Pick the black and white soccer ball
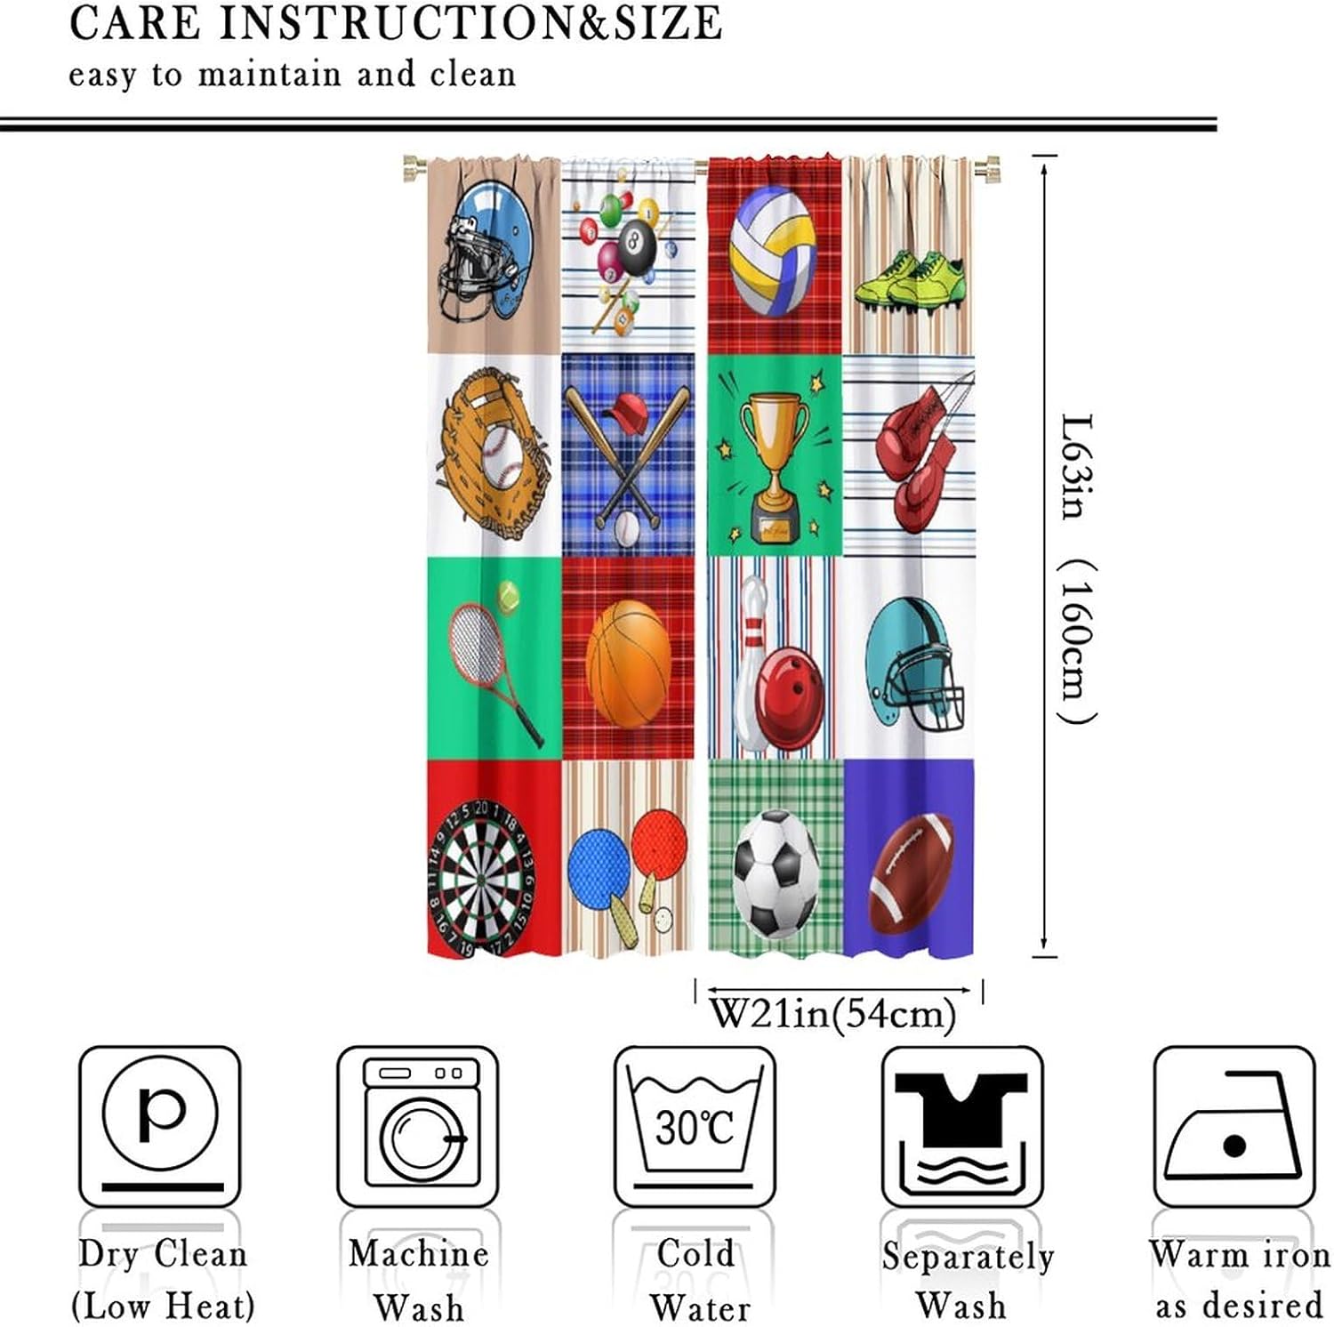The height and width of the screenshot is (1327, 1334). click(x=775, y=873)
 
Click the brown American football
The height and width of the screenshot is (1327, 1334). click(x=911, y=873)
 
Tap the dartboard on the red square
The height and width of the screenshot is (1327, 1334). click(x=480, y=878)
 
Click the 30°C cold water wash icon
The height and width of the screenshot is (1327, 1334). click(x=695, y=1125)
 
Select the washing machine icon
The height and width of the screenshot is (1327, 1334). click(x=418, y=1125)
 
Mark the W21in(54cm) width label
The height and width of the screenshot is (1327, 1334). click(x=832, y=1014)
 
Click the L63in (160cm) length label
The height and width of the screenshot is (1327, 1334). click(x=1078, y=569)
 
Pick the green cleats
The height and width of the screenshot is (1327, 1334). click(x=909, y=278)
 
